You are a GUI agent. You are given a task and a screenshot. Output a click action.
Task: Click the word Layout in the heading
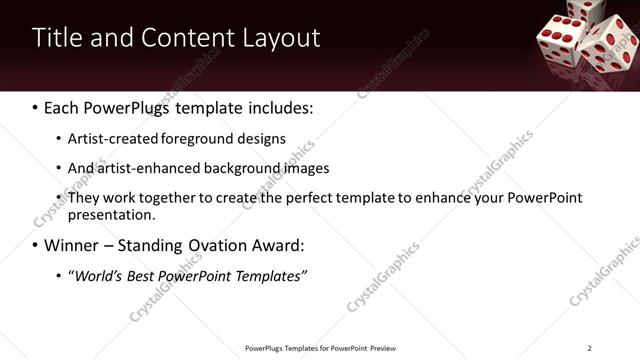pyautogui.click(x=281, y=38)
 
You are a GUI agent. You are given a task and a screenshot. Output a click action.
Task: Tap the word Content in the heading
pyautogui.click(x=190, y=38)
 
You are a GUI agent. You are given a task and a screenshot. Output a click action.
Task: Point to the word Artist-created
pyautogui.click(x=108, y=139)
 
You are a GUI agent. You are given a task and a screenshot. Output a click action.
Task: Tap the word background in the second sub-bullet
pyautogui.click(x=232, y=168)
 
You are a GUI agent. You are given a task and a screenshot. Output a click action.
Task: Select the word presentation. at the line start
pyautogui.click(x=112, y=215)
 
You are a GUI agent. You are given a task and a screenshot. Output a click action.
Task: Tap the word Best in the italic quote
pyautogui.click(x=146, y=275)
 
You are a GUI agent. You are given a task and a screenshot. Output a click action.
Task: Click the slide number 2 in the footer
pyautogui.click(x=589, y=348)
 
